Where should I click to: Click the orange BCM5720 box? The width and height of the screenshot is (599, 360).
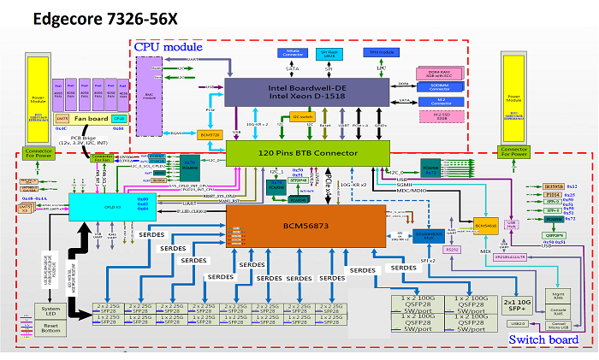tap(210, 135)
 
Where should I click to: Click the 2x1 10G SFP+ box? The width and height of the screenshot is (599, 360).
tap(519, 305)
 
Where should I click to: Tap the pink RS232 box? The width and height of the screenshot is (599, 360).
tap(454, 249)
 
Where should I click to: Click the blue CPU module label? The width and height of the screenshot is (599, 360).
tap(169, 46)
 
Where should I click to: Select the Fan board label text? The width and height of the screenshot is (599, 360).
tap(92, 119)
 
